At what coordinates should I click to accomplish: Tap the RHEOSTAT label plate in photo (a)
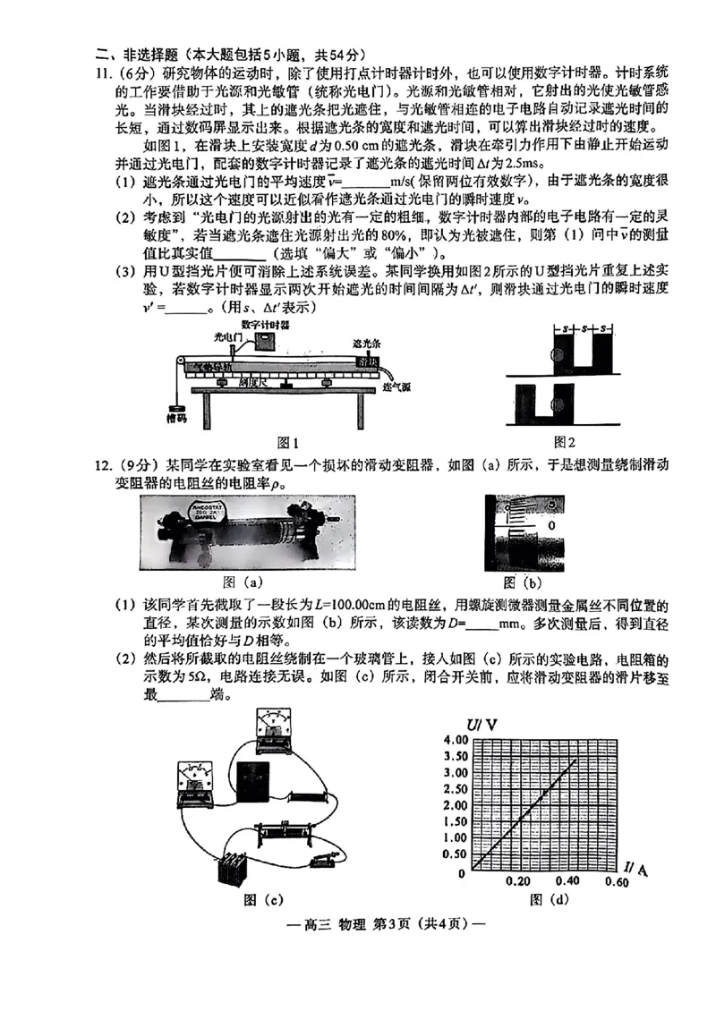211,514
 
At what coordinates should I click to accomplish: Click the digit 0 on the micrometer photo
551,525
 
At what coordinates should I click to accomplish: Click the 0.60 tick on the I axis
617,881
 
